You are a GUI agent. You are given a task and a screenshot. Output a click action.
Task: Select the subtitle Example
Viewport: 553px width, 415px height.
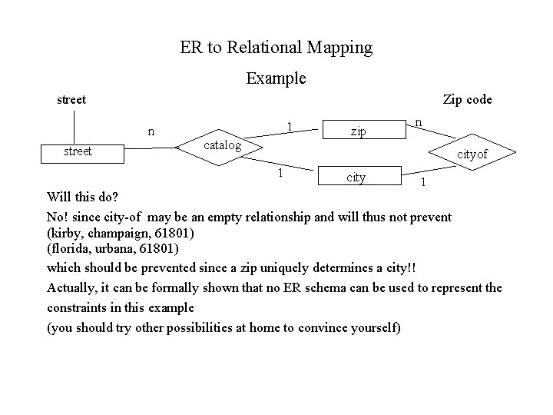click(276, 78)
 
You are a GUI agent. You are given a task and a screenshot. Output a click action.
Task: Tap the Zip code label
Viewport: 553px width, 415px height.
click(467, 100)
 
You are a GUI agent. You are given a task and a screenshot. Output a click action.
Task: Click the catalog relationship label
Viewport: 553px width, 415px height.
click(222, 145)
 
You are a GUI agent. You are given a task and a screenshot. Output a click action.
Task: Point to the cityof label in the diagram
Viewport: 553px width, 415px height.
click(472, 155)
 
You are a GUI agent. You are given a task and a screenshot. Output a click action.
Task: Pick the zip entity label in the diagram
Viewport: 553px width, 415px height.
click(358, 132)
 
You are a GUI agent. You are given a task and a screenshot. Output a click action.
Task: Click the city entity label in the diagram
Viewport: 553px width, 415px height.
click(356, 178)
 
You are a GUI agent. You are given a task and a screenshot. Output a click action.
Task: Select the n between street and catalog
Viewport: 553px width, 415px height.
click(152, 131)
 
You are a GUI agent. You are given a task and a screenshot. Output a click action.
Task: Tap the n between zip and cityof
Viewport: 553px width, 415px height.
click(418, 122)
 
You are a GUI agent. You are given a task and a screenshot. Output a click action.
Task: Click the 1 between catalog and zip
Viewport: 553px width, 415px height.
click(286, 124)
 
